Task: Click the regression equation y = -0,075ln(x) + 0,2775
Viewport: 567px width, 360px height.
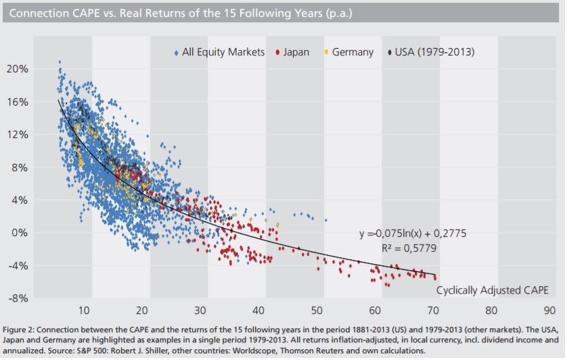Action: (x=412, y=233)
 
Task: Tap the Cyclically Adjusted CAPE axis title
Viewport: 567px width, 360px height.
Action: (x=491, y=290)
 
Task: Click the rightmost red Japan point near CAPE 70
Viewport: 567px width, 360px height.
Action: (x=434, y=277)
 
